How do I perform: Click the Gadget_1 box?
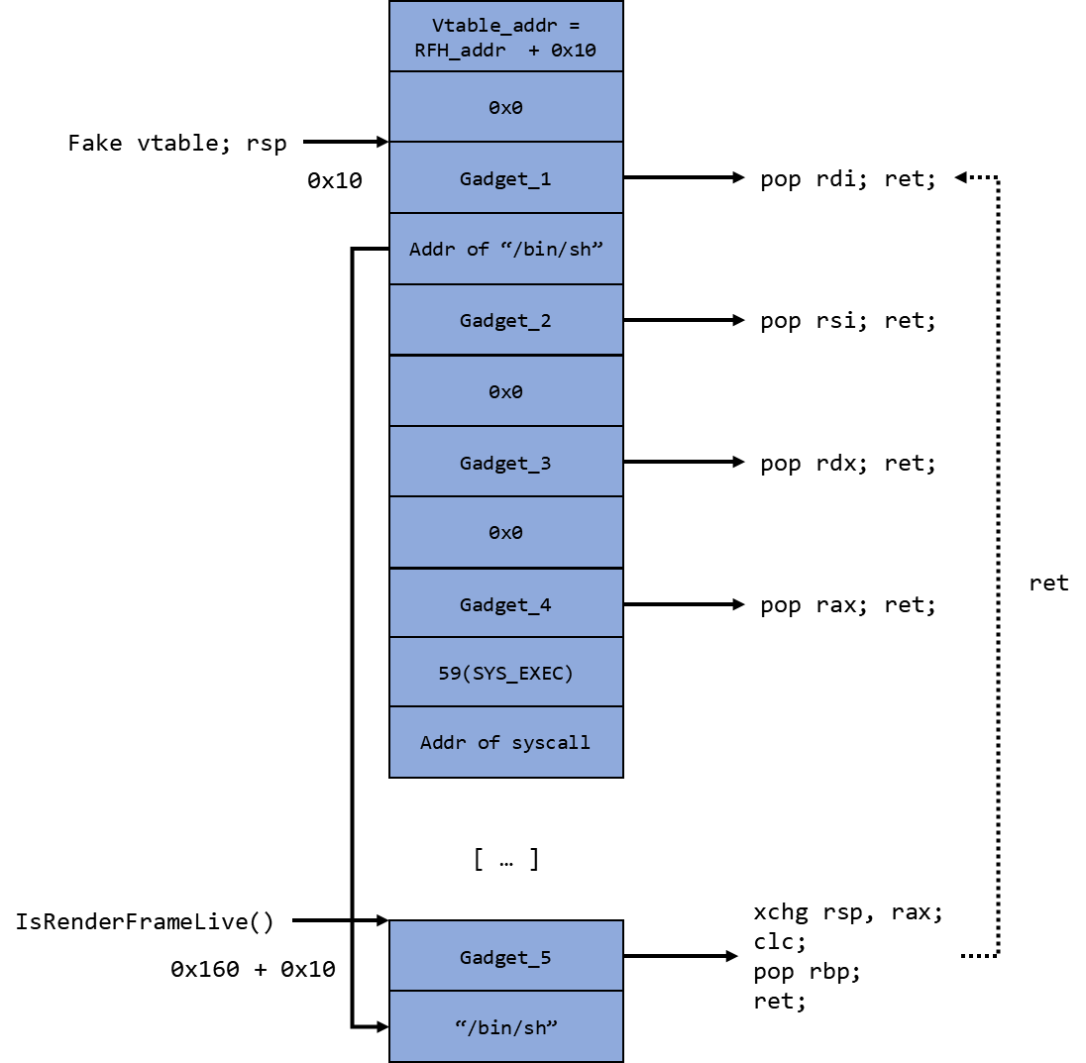point(505,178)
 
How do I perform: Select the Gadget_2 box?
point(505,320)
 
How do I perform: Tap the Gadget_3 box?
point(505,463)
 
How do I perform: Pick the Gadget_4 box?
point(505,604)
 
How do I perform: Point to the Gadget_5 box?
point(505,957)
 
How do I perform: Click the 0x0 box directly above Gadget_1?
point(505,107)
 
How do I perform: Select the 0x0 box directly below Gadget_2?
point(505,391)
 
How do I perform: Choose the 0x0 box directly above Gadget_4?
point(505,532)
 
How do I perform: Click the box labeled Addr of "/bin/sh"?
point(505,249)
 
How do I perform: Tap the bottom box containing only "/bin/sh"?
point(505,1027)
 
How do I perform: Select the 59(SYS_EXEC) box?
point(505,673)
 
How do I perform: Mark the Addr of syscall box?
point(505,742)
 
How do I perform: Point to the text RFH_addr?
point(459,50)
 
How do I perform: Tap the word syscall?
point(551,742)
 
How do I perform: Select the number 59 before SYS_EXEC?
point(449,673)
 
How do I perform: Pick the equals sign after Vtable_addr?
point(574,26)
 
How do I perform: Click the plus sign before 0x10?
point(534,50)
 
